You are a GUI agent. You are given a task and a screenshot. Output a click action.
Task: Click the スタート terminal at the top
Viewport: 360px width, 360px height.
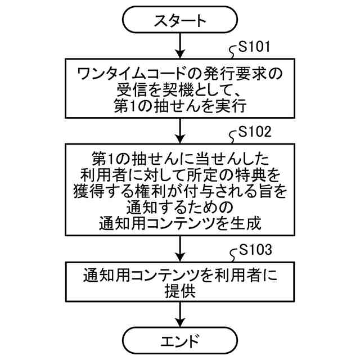(180, 21)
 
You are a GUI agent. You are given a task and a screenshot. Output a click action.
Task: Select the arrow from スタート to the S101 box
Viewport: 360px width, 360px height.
(180, 44)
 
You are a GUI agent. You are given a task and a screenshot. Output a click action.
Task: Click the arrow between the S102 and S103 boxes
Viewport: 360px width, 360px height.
(180, 246)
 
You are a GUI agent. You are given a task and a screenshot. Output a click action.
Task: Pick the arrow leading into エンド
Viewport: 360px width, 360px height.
(180, 314)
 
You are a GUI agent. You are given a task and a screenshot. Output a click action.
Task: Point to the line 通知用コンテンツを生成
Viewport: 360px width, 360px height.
(180, 223)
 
